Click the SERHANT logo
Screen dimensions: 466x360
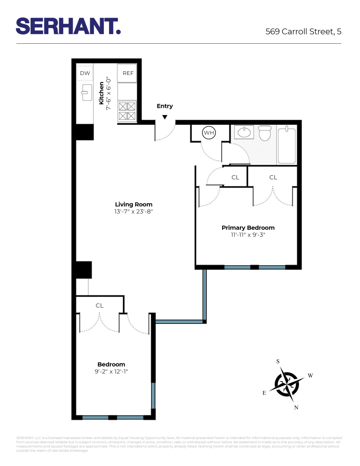[x=68, y=26]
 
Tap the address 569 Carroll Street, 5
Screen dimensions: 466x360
[x=303, y=32]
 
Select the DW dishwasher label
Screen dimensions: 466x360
[x=85, y=73]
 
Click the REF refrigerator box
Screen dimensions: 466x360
[x=128, y=73]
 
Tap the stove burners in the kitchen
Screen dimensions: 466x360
[x=127, y=110]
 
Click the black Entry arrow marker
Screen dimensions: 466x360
[x=164, y=117]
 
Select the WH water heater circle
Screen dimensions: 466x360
[x=208, y=133]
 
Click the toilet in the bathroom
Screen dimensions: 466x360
[x=265, y=133]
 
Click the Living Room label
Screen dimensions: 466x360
[x=134, y=204]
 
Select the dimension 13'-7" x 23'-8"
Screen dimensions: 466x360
[x=134, y=211]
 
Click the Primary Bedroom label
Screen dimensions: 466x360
[x=248, y=227]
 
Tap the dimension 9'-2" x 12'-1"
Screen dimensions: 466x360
[x=111, y=371]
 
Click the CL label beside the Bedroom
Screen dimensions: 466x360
[x=99, y=306]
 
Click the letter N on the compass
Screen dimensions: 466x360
[x=296, y=407]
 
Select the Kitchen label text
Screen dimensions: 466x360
[x=102, y=93]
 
